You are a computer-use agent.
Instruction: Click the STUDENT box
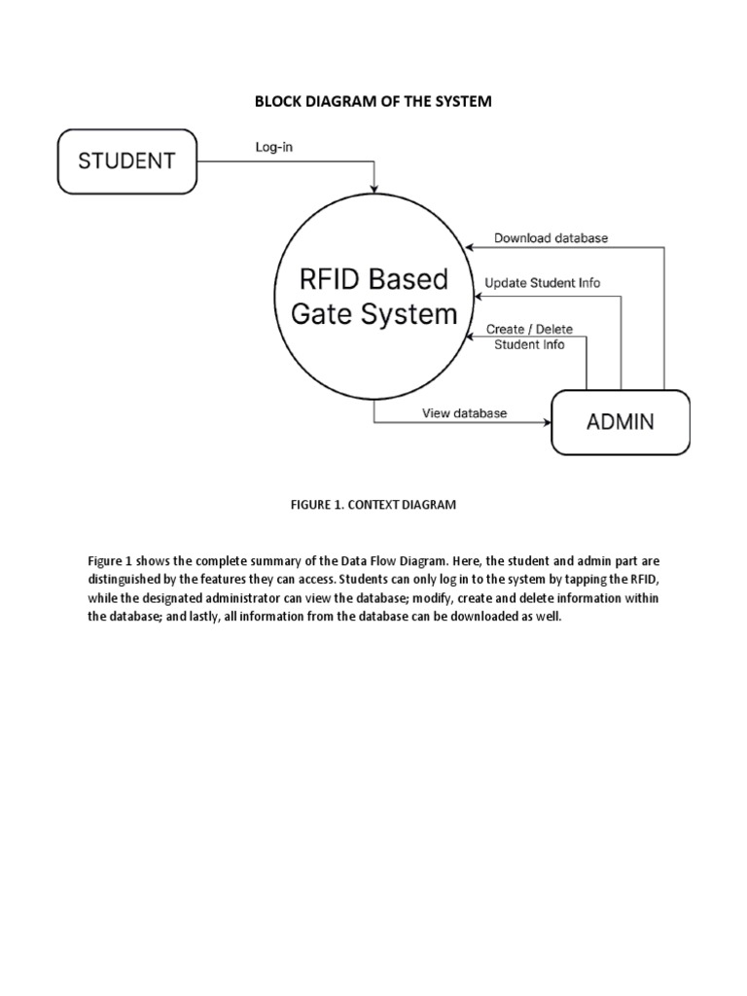126,160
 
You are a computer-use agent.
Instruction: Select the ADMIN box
620,421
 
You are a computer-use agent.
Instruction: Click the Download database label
551,237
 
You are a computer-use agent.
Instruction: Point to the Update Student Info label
542,283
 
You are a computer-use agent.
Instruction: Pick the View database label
464,412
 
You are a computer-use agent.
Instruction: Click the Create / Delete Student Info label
529,337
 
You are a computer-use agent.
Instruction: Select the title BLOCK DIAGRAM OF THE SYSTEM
373,101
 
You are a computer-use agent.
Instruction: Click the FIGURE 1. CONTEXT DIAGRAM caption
373,505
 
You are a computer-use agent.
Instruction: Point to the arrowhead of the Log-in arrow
374,187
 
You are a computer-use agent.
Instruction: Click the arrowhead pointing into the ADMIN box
547,422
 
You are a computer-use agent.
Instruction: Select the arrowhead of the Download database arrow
468,247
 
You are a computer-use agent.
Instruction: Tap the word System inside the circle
409,314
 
